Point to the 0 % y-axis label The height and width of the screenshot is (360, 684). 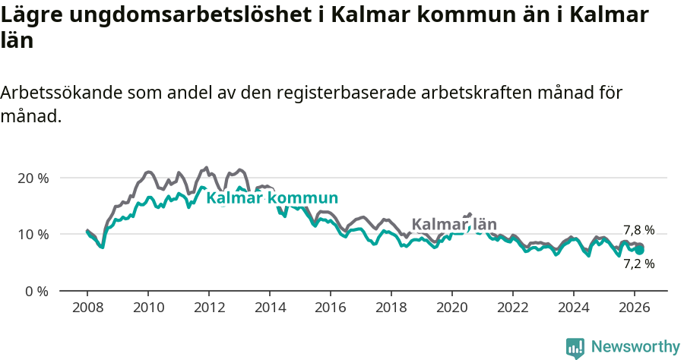pyautogui.click(x=36, y=291)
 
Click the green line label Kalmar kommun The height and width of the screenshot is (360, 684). pyautogui.click(x=272, y=198)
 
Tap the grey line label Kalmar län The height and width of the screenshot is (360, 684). pyautogui.click(x=454, y=224)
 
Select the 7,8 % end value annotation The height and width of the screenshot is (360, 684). pyautogui.click(x=638, y=230)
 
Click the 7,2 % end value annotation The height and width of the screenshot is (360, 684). pyautogui.click(x=638, y=264)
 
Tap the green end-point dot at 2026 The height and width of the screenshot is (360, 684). pyautogui.click(x=640, y=250)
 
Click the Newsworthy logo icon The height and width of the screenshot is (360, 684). pyautogui.click(x=575, y=348)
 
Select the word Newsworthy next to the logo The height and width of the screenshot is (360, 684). pyautogui.click(x=635, y=347)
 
